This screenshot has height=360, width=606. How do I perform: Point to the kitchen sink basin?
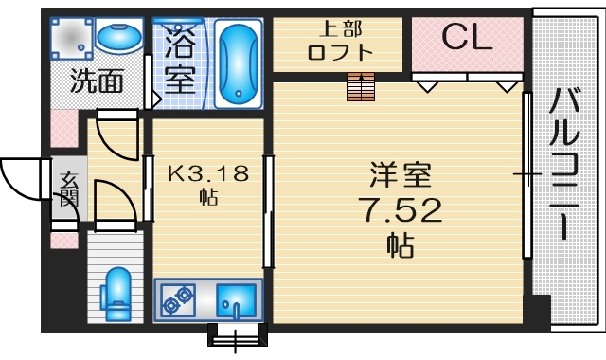[233, 301]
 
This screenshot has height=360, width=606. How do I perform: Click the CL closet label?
[466, 38]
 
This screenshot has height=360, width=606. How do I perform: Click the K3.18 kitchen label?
[207, 173]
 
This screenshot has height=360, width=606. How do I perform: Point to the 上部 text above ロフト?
[340, 29]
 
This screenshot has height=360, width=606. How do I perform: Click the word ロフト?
[340, 53]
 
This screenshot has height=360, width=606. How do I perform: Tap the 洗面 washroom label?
[98, 81]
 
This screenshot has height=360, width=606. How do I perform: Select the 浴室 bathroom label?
[178, 58]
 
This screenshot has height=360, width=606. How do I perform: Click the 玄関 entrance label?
[68, 190]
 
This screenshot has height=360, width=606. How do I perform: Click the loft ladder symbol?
[361, 86]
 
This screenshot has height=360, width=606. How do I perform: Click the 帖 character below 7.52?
[399, 244]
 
